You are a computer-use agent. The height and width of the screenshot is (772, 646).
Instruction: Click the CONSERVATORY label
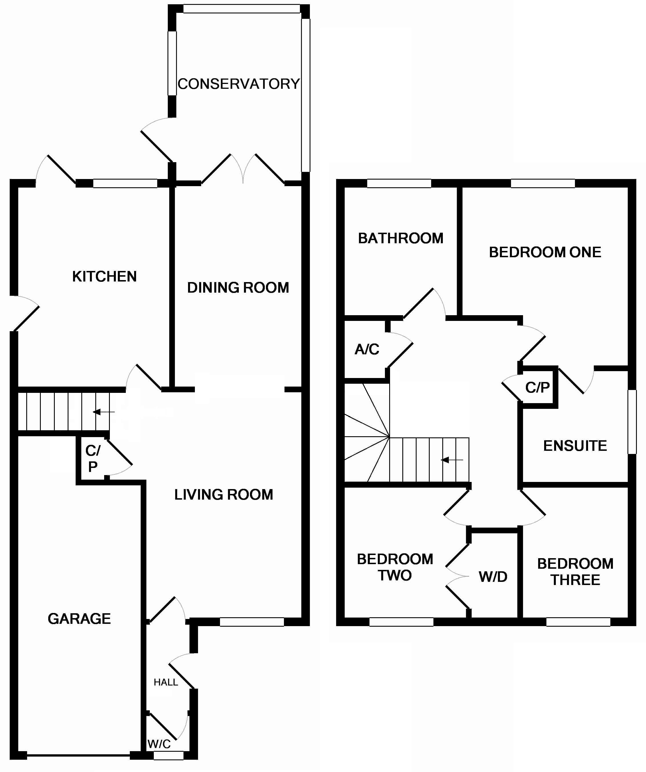(239, 84)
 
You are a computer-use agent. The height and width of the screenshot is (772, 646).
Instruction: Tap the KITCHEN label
(104, 276)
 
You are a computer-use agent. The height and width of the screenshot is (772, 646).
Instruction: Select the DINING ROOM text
(238, 288)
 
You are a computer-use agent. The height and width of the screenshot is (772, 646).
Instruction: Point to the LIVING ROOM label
(223, 495)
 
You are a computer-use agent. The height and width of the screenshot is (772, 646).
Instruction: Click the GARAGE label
(79, 619)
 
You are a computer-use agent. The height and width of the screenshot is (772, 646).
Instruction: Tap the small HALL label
(166, 682)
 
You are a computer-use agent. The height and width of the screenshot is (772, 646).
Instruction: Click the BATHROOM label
(401, 238)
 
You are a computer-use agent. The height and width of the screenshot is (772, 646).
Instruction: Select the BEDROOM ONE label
(545, 252)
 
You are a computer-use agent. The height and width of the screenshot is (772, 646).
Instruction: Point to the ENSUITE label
(575, 446)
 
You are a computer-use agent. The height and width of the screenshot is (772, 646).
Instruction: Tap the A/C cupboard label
(367, 349)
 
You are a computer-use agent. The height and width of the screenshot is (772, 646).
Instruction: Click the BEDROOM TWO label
(395, 567)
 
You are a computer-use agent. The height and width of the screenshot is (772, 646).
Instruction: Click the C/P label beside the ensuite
(537, 387)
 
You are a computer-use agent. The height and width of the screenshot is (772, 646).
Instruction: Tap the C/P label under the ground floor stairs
(93, 459)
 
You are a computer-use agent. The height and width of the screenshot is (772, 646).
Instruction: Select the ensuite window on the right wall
(632, 422)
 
